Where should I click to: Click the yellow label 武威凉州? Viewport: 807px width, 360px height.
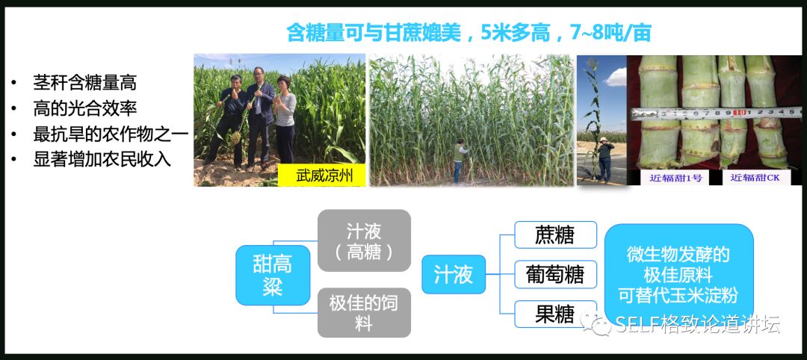(321, 176)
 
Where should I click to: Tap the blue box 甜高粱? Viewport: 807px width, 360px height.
(273, 274)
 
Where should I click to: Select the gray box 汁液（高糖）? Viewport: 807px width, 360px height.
(364, 240)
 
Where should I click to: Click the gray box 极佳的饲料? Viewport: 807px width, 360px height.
(364, 312)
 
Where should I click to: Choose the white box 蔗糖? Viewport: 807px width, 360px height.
(555, 235)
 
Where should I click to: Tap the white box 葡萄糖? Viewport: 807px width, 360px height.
(555, 274)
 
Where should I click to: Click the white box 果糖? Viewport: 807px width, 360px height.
(555, 314)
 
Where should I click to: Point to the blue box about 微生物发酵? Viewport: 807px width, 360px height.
(678, 274)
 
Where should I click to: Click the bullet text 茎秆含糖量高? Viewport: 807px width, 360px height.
(84, 83)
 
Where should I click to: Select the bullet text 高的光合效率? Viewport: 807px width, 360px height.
(84, 108)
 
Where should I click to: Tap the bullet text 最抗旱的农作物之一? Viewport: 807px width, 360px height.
(111, 134)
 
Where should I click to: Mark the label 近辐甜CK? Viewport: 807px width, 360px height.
(755, 178)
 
